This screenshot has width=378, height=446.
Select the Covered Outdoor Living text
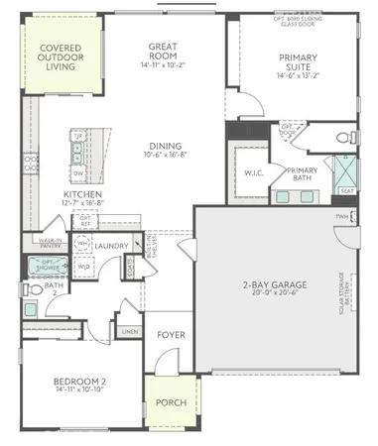pyautogui.click(x=62, y=56)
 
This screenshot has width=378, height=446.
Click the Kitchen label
pyautogui.click(x=82, y=195)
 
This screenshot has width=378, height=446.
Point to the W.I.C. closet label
pyautogui.click(x=253, y=173)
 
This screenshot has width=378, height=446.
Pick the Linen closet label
pyautogui.click(x=128, y=331)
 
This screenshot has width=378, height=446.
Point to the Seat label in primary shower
pyautogui.click(x=348, y=191)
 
